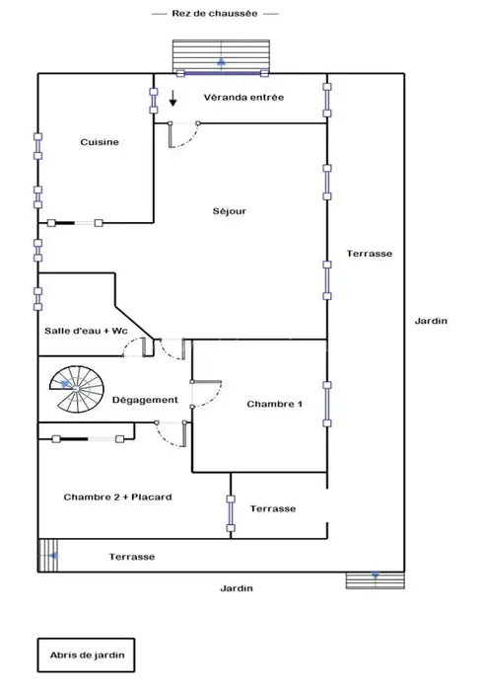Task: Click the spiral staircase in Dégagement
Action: (x=77, y=389)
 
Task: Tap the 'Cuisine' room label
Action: (x=100, y=142)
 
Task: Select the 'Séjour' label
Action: (x=230, y=211)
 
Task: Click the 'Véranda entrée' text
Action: (x=243, y=97)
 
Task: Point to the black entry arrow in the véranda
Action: (x=173, y=98)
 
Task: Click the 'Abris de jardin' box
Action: (x=86, y=654)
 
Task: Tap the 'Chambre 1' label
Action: (x=274, y=404)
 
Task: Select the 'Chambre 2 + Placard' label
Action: (x=118, y=498)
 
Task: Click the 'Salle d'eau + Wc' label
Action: (x=86, y=331)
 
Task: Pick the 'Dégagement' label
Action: (x=145, y=400)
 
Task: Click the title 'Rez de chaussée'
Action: (x=215, y=13)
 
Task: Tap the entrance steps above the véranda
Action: (x=221, y=55)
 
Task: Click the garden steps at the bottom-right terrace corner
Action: (x=376, y=580)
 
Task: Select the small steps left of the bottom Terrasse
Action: (x=48, y=555)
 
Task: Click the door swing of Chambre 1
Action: (x=207, y=394)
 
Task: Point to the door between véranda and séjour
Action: (x=183, y=134)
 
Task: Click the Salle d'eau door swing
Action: (x=135, y=346)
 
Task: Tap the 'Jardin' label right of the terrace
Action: (x=431, y=321)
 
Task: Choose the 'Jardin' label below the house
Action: (x=237, y=588)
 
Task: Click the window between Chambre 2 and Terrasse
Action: (x=231, y=513)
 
